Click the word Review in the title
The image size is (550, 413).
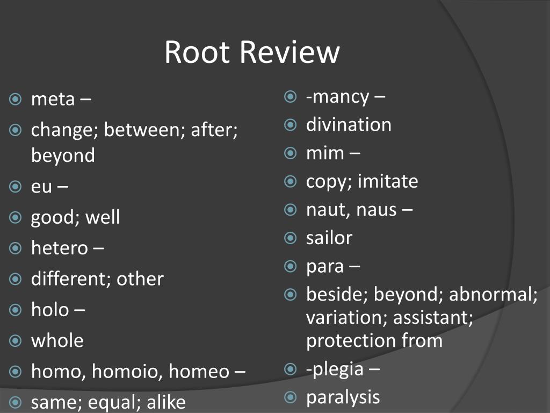[x=290, y=53]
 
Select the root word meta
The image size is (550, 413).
[x=53, y=99]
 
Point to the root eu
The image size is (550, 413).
[x=41, y=187]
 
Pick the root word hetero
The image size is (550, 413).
[x=59, y=248]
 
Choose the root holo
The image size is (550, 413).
[x=50, y=310]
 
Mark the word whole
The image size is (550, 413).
[x=57, y=340]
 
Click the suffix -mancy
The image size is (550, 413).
[x=337, y=97]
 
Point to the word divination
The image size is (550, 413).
[x=349, y=125]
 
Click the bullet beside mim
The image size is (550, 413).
[x=291, y=153]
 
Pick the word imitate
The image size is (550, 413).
[x=388, y=181]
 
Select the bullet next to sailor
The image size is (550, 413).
[x=291, y=237]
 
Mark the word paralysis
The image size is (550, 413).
[x=343, y=397]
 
